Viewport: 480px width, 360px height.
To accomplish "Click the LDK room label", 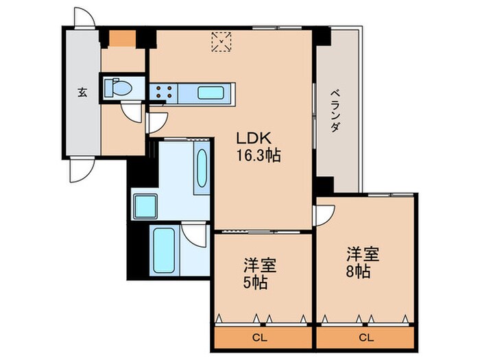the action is [254, 139].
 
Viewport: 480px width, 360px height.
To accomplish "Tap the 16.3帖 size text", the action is [259, 155].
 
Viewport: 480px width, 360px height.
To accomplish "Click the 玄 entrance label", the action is [82, 92].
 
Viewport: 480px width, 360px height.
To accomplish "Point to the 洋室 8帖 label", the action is [363, 263].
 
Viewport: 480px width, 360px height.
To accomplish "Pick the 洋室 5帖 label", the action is [260, 274].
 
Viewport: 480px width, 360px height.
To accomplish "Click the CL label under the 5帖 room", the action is [260, 337].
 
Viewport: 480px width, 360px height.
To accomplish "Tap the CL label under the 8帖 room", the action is [366, 337].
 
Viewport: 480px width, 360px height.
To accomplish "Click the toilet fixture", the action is [118, 87].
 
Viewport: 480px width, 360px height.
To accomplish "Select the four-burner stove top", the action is [164, 92].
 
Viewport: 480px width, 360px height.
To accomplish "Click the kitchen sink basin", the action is [211, 93].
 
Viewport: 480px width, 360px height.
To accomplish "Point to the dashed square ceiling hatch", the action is [221, 42].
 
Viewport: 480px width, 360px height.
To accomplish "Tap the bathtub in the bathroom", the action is [164, 250].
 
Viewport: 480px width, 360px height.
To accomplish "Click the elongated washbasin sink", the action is [202, 168].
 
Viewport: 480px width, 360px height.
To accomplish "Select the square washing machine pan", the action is [145, 206].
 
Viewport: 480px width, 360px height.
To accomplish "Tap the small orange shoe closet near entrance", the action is [123, 38].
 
